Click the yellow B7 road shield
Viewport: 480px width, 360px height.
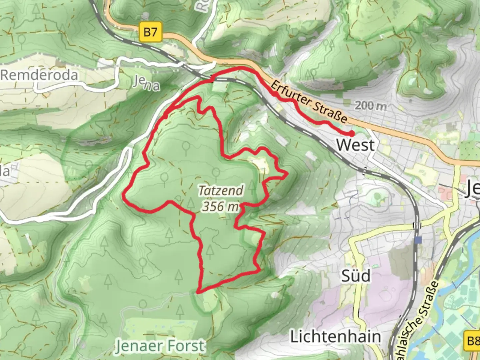point(150,32)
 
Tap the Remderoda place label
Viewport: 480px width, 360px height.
point(39,75)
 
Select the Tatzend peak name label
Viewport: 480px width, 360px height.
point(221,191)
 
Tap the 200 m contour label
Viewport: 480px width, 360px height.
point(370,106)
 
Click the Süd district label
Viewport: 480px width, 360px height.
point(356,276)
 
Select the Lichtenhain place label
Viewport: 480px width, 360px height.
point(335,337)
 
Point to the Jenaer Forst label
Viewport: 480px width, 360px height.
point(160,346)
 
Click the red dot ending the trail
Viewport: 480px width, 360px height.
point(351,134)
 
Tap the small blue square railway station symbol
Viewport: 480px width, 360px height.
point(418,240)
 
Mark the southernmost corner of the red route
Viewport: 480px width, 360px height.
point(198,292)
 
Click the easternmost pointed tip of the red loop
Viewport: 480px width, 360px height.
point(287,173)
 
